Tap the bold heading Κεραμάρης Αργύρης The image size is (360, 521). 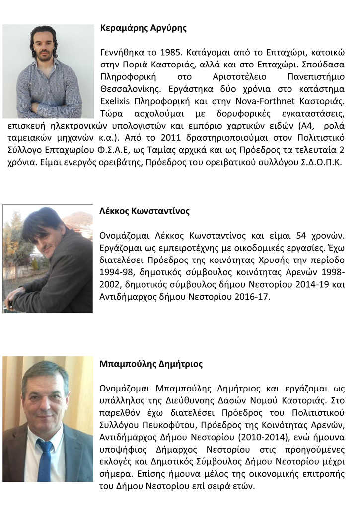point(143,28)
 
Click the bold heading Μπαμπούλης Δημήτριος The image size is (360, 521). point(151,364)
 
